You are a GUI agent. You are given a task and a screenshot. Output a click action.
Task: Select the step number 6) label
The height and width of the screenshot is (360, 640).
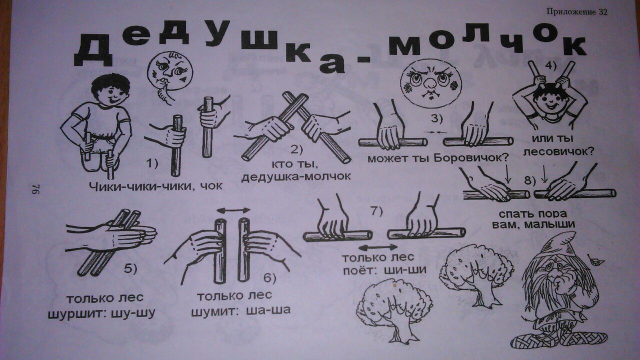pos(269,278)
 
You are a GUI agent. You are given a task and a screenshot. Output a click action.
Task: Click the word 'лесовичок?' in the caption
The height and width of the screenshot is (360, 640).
pos(559,151)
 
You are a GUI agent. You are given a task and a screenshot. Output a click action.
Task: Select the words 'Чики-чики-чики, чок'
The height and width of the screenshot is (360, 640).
pos(155,186)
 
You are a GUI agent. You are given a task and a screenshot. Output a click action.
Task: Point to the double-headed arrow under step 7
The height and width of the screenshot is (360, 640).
pos(378,247)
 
